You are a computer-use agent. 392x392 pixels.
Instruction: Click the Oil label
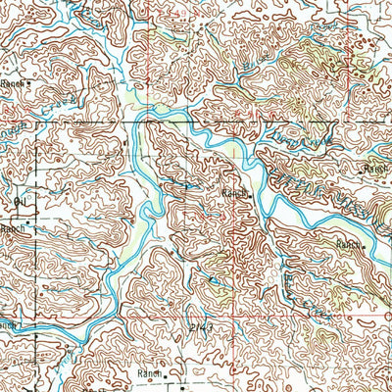pyautogui.click(x=19, y=202)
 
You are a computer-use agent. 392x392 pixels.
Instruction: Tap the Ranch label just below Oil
pyautogui.click(x=12, y=228)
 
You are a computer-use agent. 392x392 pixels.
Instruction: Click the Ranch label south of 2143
pyautogui.click(x=149, y=373)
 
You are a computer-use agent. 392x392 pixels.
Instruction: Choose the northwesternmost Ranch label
pyautogui.click(x=12, y=85)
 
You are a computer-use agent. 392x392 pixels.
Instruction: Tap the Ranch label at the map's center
pyautogui.click(x=232, y=194)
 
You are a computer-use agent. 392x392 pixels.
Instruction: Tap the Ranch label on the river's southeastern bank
pyautogui.click(x=348, y=242)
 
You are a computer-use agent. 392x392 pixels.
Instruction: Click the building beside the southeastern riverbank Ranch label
pyautogui.click(x=365, y=246)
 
